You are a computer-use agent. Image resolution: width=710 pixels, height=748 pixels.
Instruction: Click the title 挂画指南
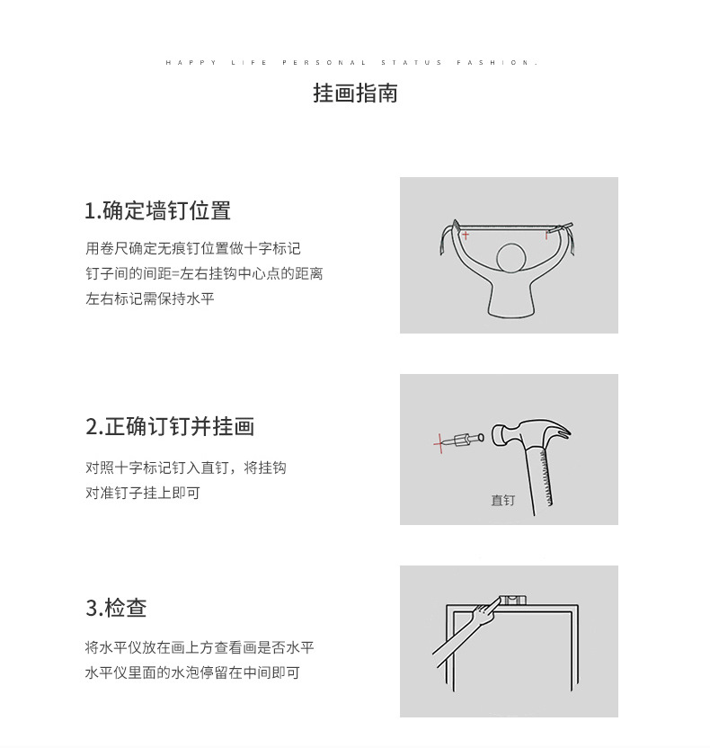coord(355,93)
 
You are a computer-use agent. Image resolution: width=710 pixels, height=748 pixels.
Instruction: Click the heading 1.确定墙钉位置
coord(157,211)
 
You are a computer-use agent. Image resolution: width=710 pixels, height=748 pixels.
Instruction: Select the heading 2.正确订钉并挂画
coord(170,427)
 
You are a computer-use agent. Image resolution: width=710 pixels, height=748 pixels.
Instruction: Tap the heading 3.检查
coord(116,609)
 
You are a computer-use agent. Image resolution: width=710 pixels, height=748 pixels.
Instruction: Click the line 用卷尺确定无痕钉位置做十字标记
coord(192,248)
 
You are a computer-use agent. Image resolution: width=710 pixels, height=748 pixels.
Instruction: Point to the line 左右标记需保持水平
coord(150,298)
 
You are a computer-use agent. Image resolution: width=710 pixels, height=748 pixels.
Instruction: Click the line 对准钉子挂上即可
coord(143,494)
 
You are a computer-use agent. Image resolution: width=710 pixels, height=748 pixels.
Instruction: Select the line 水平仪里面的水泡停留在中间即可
coord(192,672)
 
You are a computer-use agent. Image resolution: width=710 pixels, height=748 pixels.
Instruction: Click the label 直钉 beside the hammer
coord(503,500)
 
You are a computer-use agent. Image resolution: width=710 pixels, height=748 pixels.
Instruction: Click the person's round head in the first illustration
coord(511,258)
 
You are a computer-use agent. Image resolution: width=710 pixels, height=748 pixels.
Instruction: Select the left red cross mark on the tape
coord(466,235)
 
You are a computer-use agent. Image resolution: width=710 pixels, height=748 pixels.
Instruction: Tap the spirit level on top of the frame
coord(515,600)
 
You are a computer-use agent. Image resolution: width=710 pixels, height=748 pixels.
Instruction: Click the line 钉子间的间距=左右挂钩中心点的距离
coord(204,273)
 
